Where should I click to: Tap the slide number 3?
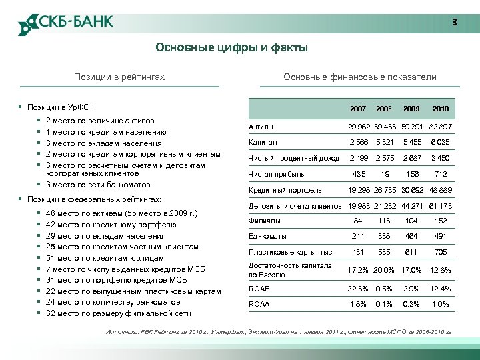455,22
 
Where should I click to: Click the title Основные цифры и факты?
231,47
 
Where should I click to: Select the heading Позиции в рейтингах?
119,77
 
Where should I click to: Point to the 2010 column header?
441,108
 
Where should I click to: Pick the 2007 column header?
358,108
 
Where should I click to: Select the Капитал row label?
263,142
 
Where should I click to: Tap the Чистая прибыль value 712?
441,174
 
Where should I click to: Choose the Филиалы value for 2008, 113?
384,221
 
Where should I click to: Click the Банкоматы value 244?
358,236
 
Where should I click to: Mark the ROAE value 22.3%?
358,288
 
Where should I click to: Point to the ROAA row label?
259,303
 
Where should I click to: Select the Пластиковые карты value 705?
441,252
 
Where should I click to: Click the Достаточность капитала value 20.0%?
384,270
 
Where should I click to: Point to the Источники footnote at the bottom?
280,331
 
